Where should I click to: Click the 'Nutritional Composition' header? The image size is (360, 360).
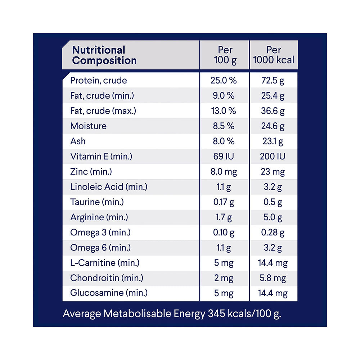coord(104,55)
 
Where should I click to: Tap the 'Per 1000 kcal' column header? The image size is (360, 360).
coord(273,55)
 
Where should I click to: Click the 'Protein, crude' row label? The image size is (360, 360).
coord(99,80)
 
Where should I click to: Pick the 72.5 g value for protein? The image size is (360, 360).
coord(273,80)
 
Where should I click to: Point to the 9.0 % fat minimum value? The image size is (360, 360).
coord(224,96)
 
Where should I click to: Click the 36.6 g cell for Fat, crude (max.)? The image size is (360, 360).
coord(273,111)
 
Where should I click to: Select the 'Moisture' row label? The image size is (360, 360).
coord(89,126)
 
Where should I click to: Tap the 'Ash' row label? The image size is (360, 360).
coord(78,141)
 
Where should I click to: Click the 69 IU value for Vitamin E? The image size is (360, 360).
coord(224,157)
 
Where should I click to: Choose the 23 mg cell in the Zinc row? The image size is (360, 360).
coord(273,172)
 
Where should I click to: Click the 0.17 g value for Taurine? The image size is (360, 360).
coord(224,202)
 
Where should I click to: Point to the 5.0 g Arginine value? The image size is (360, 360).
coord(273,217)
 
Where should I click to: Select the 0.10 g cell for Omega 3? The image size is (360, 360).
coord(224,233)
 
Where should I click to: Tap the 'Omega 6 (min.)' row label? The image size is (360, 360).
coord(100,248)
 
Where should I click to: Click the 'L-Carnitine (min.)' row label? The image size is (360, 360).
coord(105,263)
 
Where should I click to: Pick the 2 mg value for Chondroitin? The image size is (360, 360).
coord(224,278)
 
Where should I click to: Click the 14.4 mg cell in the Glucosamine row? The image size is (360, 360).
coord(273,293)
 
